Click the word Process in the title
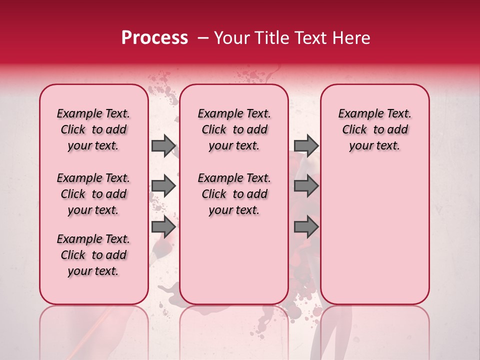tap(154, 38)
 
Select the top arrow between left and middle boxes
tap(163, 145)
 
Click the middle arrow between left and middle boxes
tap(163, 186)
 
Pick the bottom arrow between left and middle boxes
tap(163, 227)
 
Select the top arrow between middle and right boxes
tap(306, 145)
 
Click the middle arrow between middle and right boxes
tap(306, 186)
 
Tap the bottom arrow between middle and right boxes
tap(306, 227)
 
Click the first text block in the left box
tap(93, 129)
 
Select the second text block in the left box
tap(93, 194)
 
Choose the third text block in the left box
tap(93, 255)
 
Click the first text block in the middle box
tap(234, 129)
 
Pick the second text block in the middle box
tap(234, 194)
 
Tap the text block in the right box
tap(374, 129)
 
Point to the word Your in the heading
tap(230, 38)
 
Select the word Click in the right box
tap(354, 130)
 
